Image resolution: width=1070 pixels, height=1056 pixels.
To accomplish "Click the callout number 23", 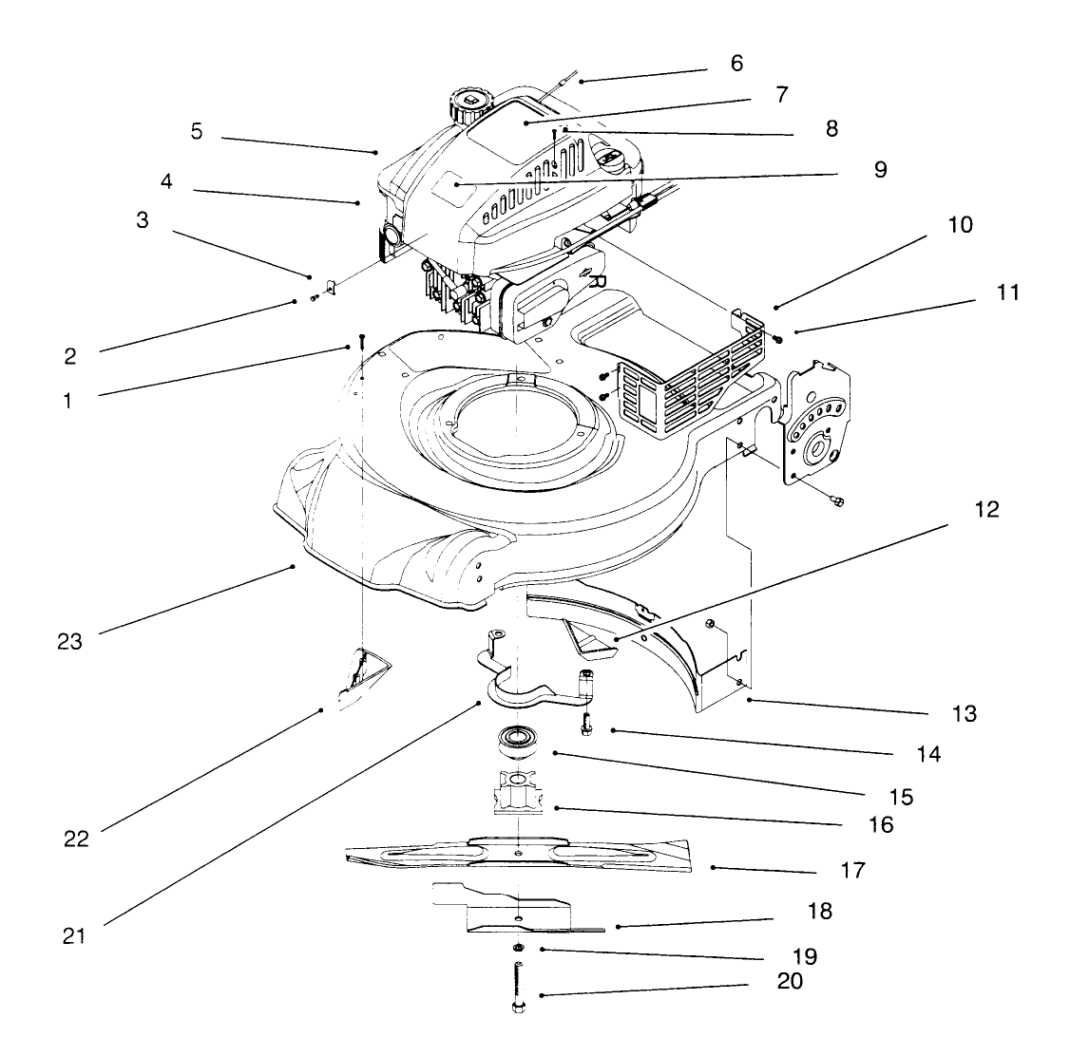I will pos(68,641).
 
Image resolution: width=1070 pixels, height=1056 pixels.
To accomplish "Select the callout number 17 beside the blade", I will pos(852,869).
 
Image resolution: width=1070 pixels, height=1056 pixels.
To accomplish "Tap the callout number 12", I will pos(987,509).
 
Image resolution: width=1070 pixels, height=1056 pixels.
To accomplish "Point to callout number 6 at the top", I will pos(736,63).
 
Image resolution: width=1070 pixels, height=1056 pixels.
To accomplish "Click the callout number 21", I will pos(74,935).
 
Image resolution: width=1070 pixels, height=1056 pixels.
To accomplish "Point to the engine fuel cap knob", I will pos(469,102).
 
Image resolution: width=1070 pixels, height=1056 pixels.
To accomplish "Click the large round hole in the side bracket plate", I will pos(815,446).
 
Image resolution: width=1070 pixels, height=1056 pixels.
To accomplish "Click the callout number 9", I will pos(880,170).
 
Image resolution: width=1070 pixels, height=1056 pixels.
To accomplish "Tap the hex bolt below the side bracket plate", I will pos(836,500).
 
